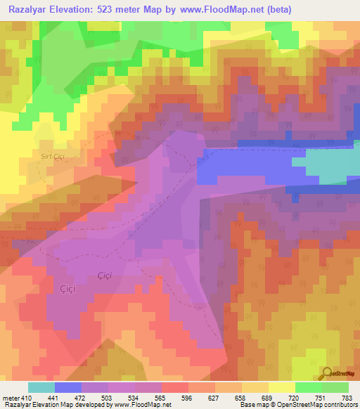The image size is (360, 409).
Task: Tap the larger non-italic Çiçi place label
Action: (68, 288)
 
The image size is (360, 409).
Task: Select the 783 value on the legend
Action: (347, 398)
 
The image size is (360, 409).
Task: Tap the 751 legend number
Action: (321, 398)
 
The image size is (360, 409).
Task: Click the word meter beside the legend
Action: (10, 398)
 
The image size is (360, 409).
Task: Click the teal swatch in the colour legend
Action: (41, 387)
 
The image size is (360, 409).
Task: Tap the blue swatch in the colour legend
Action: (68, 387)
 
